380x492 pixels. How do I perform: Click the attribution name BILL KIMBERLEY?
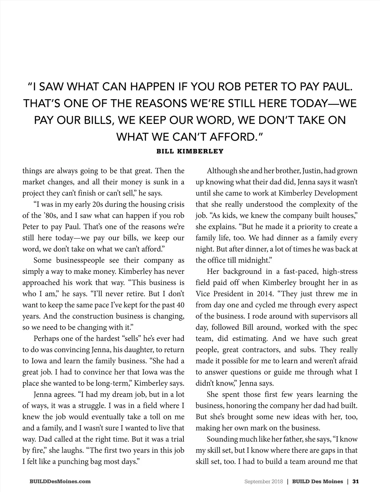190,151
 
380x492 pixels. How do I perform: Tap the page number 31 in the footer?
355,481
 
